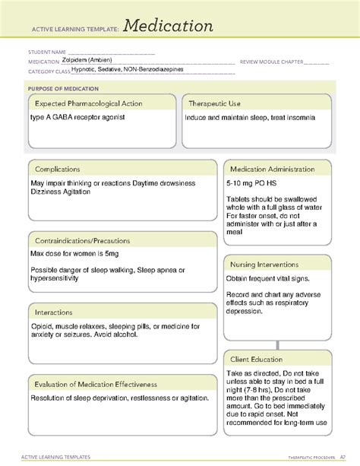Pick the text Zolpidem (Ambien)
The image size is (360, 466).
(87, 61)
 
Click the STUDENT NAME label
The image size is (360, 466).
(43, 53)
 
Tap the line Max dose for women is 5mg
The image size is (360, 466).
(77, 254)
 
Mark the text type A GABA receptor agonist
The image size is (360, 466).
(77, 118)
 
